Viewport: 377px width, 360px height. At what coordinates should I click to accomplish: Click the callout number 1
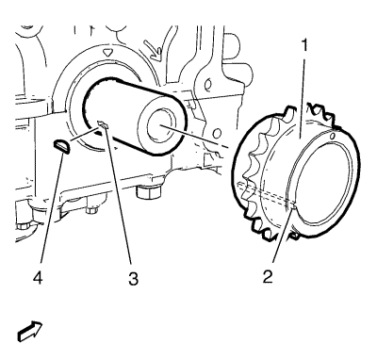pyautogui.click(x=304, y=46)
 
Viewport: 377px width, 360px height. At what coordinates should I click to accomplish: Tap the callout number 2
pyautogui.click(x=268, y=277)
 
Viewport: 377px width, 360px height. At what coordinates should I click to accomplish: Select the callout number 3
pyautogui.click(x=133, y=279)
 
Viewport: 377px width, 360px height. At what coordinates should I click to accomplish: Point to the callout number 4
pyautogui.click(x=38, y=278)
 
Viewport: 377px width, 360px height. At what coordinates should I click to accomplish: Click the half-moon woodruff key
pyautogui.click(x=61, y=147)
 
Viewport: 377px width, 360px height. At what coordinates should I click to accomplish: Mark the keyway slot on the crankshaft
pyautogui.click(x=103, y=124)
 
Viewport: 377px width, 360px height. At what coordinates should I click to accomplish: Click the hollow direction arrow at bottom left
pyautogui.click(x=30, y=331)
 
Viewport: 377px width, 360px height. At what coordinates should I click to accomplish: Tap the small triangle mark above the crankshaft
pyautogui.click(x=107, y=52)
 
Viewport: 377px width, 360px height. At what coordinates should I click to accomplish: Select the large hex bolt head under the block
pyautogui.click(x=149, y=191)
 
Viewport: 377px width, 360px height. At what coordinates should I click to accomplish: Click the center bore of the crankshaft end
pyautogui.click(x=162, y=124)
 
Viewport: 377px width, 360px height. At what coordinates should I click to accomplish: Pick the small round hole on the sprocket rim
pyautogui.click(x=334, y=136)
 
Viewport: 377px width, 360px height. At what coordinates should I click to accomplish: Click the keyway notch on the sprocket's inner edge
pyautogui.click(x=294, y=206)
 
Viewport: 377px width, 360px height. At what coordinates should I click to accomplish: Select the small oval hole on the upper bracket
pyautogui.click(x=207, y=84)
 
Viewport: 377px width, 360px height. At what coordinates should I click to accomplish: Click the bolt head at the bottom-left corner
pyautogui.click(x=24, y=225)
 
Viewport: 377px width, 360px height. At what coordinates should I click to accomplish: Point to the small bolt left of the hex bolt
pyautogui.click(x=91, y=208)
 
